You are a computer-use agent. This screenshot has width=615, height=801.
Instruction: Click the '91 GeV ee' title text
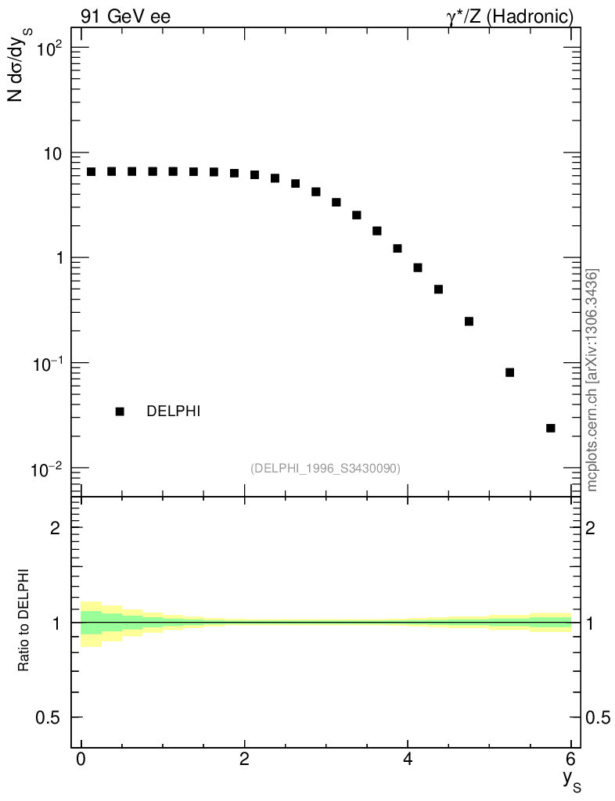[125, 16]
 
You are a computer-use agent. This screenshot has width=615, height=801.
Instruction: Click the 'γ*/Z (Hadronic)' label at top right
[510, 16]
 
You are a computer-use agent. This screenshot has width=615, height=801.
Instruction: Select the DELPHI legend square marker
[120, 411]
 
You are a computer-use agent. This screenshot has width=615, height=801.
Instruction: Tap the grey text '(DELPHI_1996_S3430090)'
[325, 469]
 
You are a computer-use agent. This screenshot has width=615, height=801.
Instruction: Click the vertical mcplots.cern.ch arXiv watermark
[592, 380]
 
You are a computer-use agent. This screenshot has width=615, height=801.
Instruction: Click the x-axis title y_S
[572, 778]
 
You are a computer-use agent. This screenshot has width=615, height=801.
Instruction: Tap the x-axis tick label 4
[408, 759]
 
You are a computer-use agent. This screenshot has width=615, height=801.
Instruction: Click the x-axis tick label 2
[245, 759]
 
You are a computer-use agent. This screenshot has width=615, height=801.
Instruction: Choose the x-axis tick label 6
[571, 759]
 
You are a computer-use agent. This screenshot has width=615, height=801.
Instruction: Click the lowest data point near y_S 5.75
[551, 428]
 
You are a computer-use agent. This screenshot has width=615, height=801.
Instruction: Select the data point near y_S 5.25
[510, 372]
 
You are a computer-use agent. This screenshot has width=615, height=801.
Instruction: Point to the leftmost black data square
[92, 171]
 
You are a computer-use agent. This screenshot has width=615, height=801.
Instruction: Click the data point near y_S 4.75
[469, 321]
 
